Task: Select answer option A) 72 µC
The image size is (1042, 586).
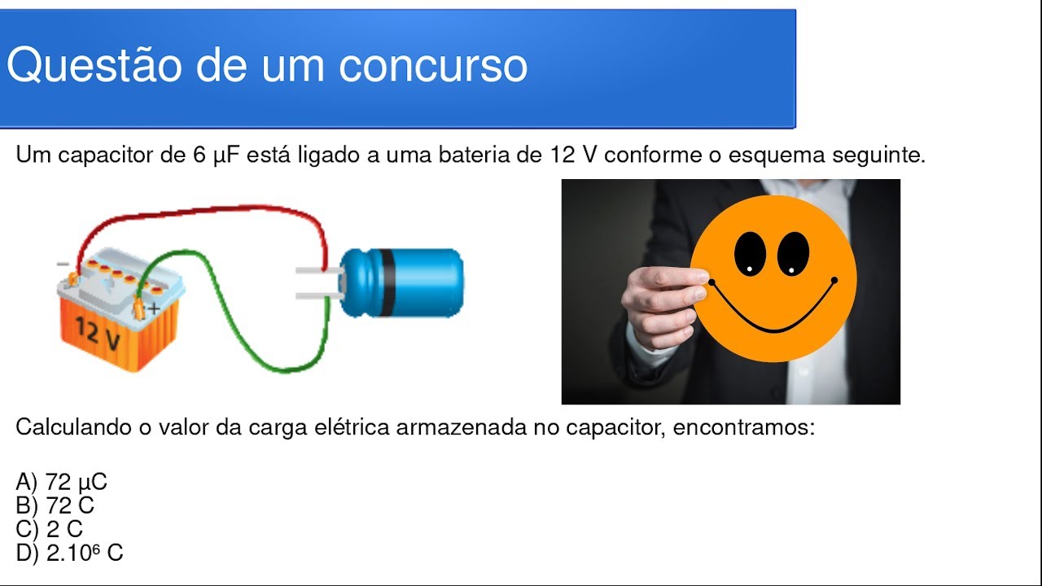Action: click(62, 483)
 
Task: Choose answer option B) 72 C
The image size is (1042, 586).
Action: click(55, 506)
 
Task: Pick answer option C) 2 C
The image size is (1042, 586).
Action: click(50, 530)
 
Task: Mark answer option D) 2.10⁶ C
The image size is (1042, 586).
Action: click(70, 553)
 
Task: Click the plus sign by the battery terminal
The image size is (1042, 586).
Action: click(154, 308)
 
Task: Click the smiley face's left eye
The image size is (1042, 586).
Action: click(750, 252)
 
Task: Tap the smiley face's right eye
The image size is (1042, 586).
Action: click(793, 253)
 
